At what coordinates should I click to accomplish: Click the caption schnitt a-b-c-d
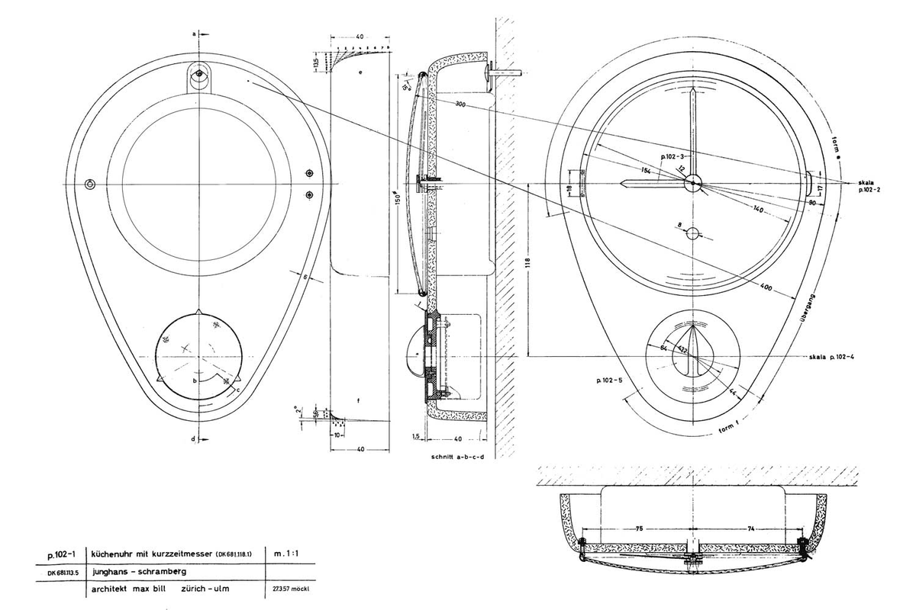(458, 461)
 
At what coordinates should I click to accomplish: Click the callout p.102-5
(605, 378)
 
